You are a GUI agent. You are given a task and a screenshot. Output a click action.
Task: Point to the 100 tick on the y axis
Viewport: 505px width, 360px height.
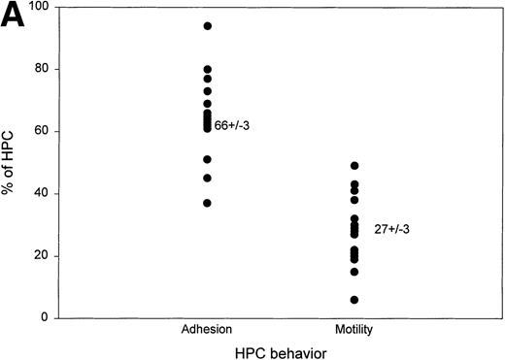[41, 8]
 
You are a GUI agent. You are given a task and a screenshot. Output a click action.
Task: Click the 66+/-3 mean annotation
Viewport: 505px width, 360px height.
[233, 125]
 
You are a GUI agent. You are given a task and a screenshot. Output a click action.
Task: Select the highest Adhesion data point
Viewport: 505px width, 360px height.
[207, 25]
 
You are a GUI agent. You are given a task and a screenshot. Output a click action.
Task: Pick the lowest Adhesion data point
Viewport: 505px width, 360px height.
[207, 203]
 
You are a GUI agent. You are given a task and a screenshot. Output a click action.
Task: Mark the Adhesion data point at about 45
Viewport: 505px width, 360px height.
[207, 178]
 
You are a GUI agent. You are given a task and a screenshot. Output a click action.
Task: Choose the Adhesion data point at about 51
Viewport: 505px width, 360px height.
[207, 159]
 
